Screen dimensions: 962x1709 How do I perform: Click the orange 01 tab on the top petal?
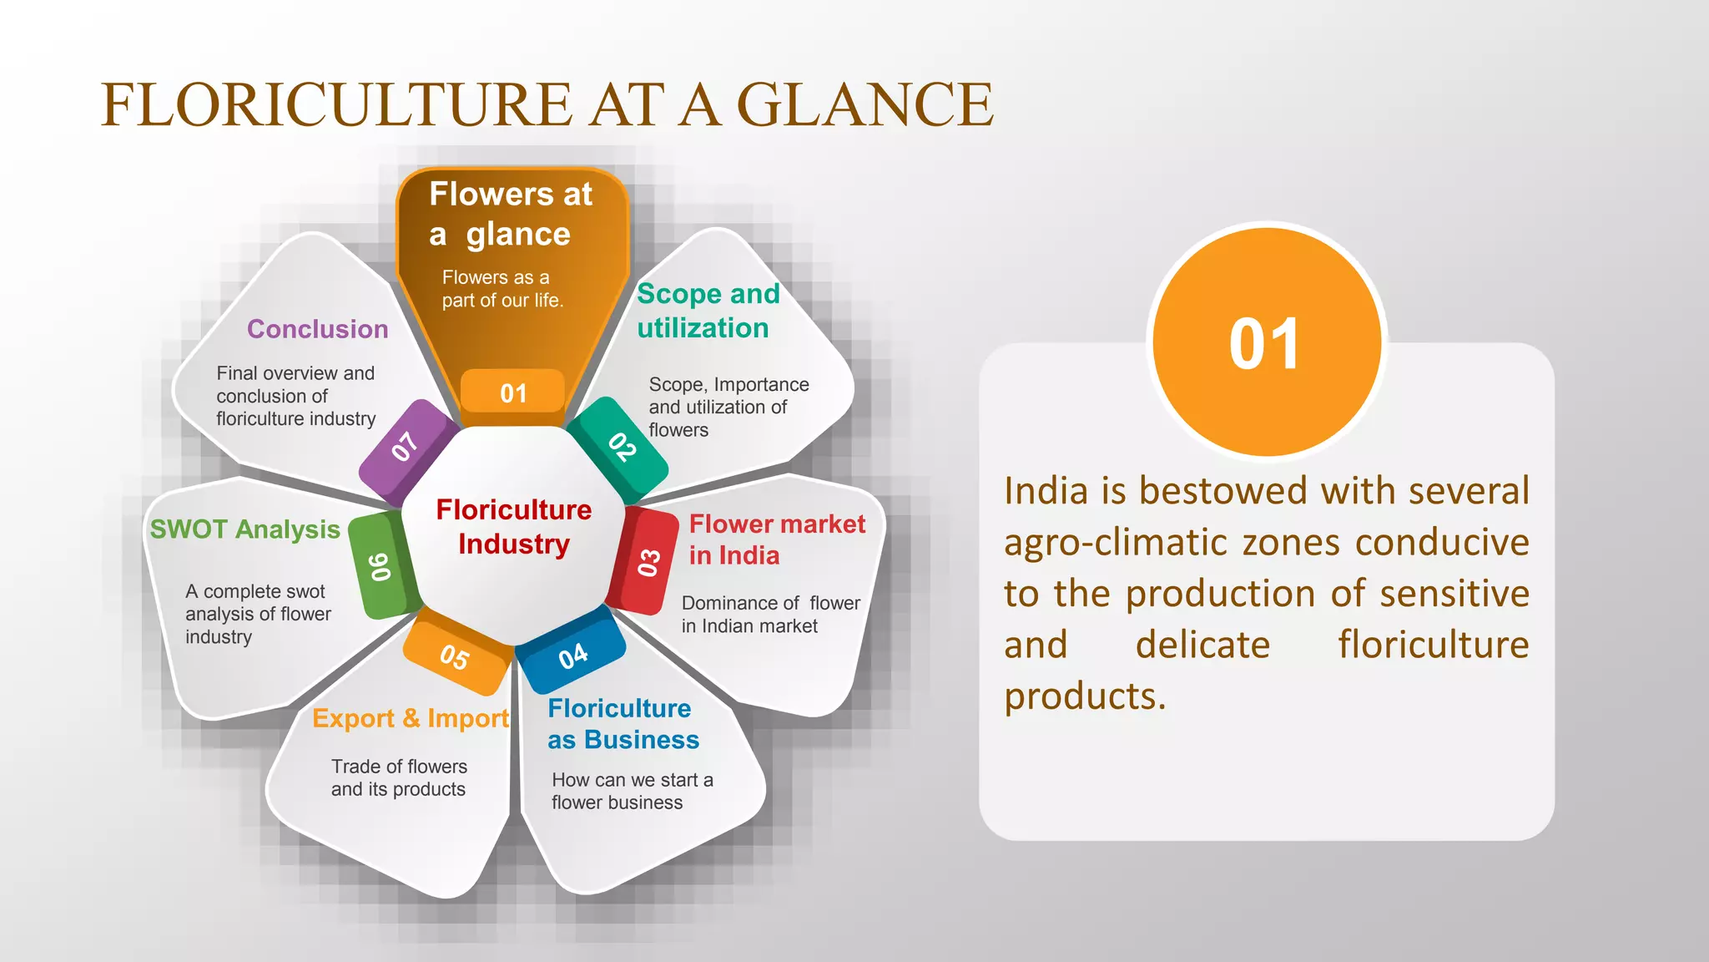pos(513,392)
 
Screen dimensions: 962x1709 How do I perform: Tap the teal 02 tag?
pos(622,446)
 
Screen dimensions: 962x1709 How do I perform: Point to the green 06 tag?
pos(381,566)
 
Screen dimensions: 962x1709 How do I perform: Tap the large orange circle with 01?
pos(1265,342)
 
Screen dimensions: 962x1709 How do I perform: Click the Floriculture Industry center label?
pos(513,527)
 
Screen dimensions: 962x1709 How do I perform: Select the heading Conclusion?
pos(317,329)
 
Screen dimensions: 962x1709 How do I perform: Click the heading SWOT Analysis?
pos(245,529)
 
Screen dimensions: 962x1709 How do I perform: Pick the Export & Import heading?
pos(411,718)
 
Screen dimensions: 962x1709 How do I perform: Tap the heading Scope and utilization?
pos(707,311)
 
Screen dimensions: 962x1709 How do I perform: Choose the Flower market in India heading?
pos(776,539)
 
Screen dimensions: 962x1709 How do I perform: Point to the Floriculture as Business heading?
pos(623,724)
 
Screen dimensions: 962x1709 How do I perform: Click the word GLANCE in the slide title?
pos(864,104)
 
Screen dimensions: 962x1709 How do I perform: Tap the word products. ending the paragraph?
pos(1084,696)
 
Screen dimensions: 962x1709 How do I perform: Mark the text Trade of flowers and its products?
pos(399,777)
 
